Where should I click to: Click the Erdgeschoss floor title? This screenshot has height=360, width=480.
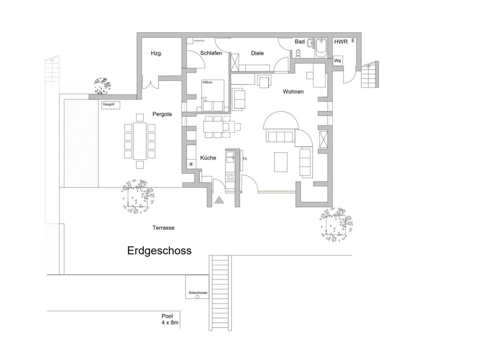tap(159, 251)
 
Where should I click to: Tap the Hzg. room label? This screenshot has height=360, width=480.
tap(156, 53)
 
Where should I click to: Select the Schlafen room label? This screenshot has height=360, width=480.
tap(211, 53)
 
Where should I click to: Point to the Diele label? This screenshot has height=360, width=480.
tap(257, 53)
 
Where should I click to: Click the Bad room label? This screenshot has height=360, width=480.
tap(300, 42)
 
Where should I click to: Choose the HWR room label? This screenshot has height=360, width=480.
tap(341, 42)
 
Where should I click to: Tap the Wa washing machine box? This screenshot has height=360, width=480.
tap(338, 60)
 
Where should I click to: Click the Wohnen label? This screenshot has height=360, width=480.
tap(293, 92)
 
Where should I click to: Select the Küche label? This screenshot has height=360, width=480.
tap(208, 158)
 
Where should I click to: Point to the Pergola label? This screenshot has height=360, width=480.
tap(162, 114)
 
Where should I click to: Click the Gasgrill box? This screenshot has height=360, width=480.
tap(111, 105)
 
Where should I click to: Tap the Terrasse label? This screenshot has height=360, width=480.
tap(163, 228)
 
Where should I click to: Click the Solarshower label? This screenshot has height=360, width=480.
tap(198, 292)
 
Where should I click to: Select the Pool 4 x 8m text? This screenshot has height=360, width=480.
tap(170, 319)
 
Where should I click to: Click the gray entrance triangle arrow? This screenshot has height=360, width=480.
tap(219, 200)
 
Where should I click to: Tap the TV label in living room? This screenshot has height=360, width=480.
tap(245, 159)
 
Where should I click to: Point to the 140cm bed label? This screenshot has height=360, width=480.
tap(207, 82)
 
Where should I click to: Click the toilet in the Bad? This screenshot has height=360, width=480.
tap(298, 53)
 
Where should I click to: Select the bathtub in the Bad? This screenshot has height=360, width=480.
tap(321, 48)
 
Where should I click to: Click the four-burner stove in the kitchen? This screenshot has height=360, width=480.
tap(230, 177)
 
